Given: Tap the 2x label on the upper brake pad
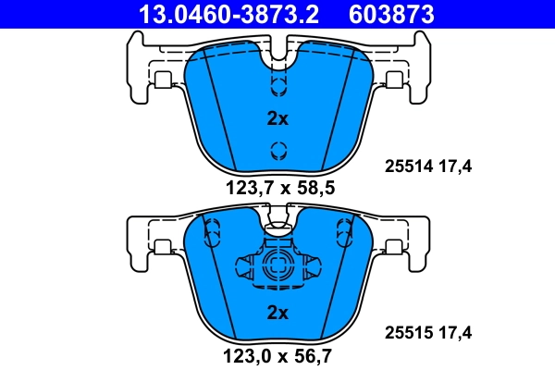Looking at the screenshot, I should click(277, 118).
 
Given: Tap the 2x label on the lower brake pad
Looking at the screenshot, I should click(277, 313).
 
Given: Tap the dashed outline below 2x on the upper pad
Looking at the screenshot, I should click(277, 151).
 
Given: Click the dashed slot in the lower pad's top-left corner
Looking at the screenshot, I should click(211, 228).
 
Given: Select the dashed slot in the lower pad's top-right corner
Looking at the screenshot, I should click(345, 228).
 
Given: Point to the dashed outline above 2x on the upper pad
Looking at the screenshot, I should click(277, 84).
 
